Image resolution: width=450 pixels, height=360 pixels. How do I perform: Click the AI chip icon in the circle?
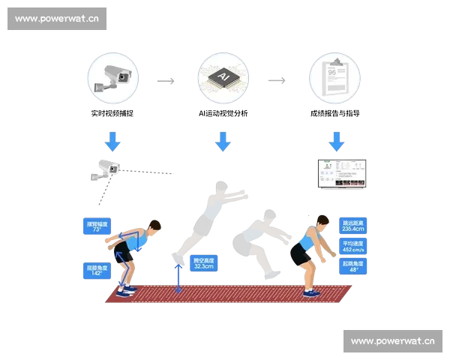222,79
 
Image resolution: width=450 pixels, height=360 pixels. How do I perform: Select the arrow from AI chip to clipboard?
276,79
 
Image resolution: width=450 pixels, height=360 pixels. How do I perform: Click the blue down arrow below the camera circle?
113,141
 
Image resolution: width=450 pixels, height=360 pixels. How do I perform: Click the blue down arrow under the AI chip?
222,141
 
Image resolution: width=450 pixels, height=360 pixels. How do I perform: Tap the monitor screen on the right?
341,174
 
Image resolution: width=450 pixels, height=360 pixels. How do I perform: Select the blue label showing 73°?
97,226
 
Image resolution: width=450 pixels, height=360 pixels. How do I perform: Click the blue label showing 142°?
97,269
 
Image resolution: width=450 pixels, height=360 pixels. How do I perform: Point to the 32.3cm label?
203,262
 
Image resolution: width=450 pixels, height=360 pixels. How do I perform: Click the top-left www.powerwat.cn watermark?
56,18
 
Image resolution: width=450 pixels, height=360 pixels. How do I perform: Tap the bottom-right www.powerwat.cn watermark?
392,341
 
